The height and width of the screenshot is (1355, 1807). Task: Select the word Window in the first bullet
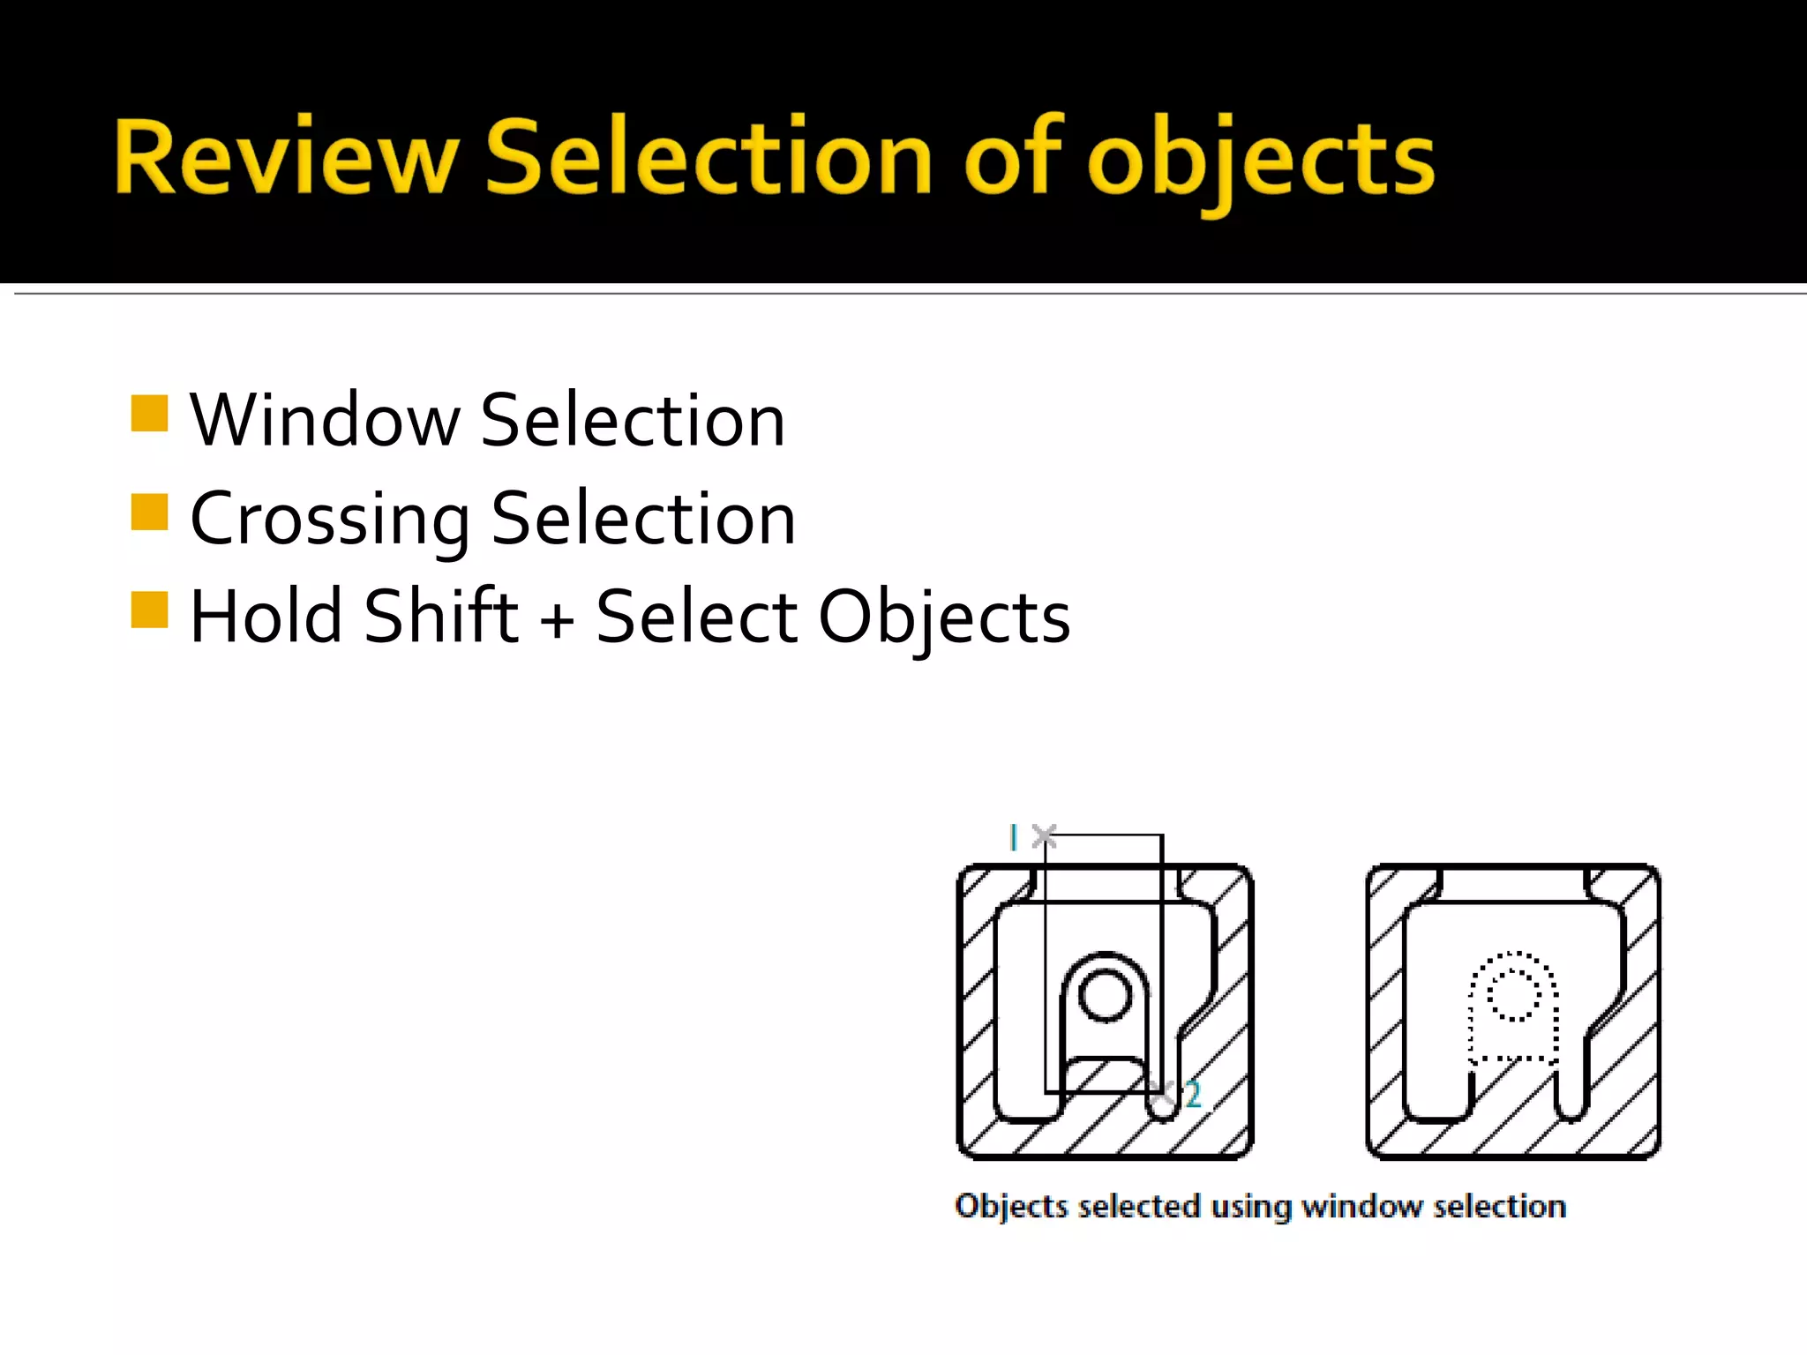tap(325, 421)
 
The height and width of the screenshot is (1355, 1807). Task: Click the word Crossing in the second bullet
tap(330, 520)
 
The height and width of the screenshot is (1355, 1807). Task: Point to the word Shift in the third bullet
tap(441, 617)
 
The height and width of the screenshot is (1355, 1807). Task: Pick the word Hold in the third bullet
tap(266, 617)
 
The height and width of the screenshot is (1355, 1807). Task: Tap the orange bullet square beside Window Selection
tap(149, 413)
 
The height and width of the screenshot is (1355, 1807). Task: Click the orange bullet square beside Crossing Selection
tap(149, 512)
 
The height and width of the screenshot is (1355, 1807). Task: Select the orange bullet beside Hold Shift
tap(149, 610)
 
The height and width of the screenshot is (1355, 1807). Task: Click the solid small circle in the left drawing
tap(1105, 995)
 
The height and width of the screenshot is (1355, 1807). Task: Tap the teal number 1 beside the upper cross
tap(1014, 837)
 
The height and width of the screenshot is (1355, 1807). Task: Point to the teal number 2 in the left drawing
tap(1193, 1095)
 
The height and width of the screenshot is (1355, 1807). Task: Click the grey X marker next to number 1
tap(1044, 835)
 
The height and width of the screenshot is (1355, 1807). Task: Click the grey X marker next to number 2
tap(1163, 1093)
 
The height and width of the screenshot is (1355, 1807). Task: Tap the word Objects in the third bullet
tap(944, 617)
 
